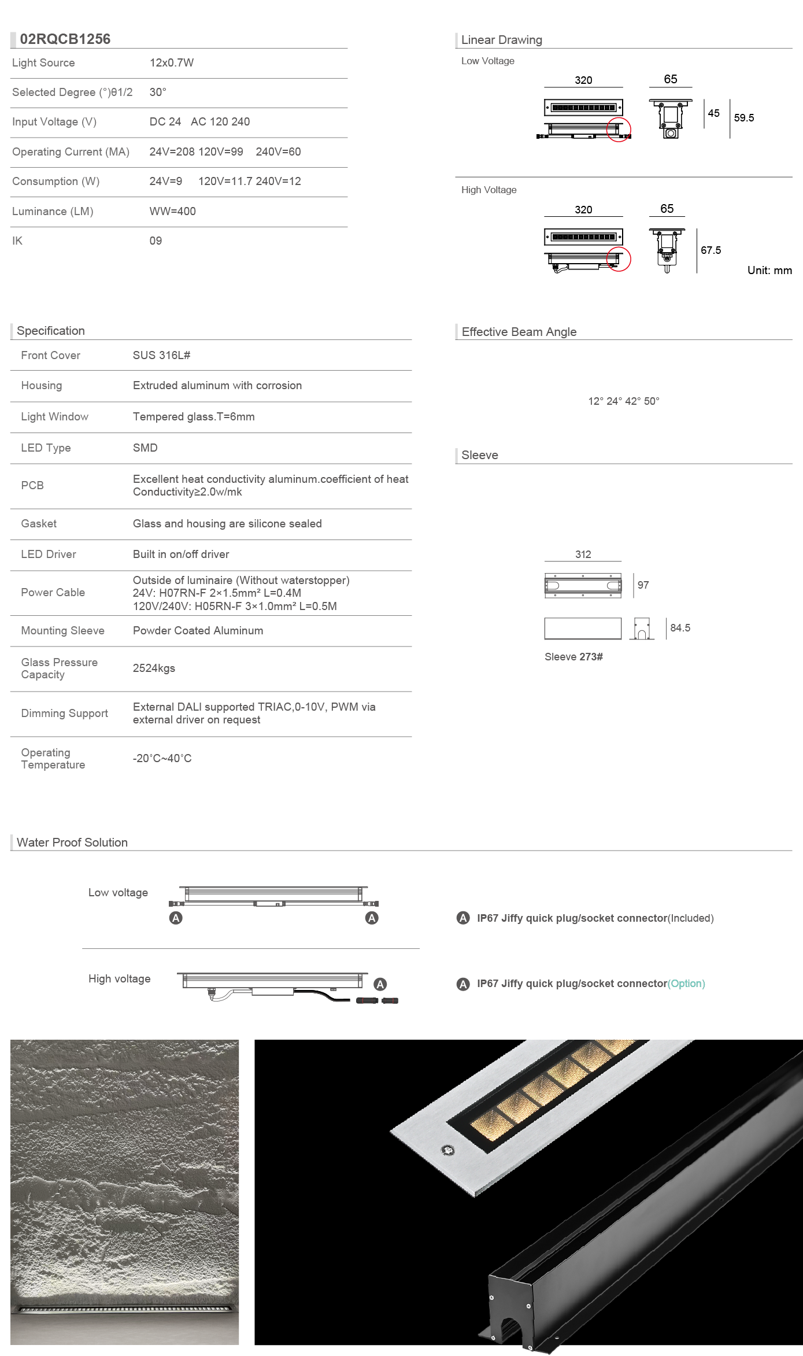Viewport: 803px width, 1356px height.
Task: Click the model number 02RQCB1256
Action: (65, 39)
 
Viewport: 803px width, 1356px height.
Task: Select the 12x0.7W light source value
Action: (172, 63)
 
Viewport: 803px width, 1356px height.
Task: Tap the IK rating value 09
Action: (156, 241)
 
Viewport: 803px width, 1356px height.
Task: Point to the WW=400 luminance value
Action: (172, 212)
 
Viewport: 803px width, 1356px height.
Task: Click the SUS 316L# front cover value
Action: (161, 356)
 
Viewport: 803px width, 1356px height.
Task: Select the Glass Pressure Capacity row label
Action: (59, 668)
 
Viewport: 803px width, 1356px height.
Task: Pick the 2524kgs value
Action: (154, 668)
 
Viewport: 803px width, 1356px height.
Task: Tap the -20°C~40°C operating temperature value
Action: (162, 759)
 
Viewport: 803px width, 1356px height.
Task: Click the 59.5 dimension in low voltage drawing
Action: (743, 118)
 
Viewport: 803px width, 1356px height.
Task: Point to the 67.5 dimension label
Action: (711, 250)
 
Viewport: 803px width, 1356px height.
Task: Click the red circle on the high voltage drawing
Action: (619, 259)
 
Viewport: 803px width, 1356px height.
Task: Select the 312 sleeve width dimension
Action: (583, 555)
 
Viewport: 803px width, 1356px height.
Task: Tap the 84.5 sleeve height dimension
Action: (680, 628)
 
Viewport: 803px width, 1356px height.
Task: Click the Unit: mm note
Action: (769, 271)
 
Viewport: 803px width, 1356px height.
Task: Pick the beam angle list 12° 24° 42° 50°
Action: (623, 401)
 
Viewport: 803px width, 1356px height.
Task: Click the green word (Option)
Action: (686, 984)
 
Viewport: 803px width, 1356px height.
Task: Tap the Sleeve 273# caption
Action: (573, 657)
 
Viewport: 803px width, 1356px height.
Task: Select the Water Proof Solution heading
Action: (72, 843)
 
